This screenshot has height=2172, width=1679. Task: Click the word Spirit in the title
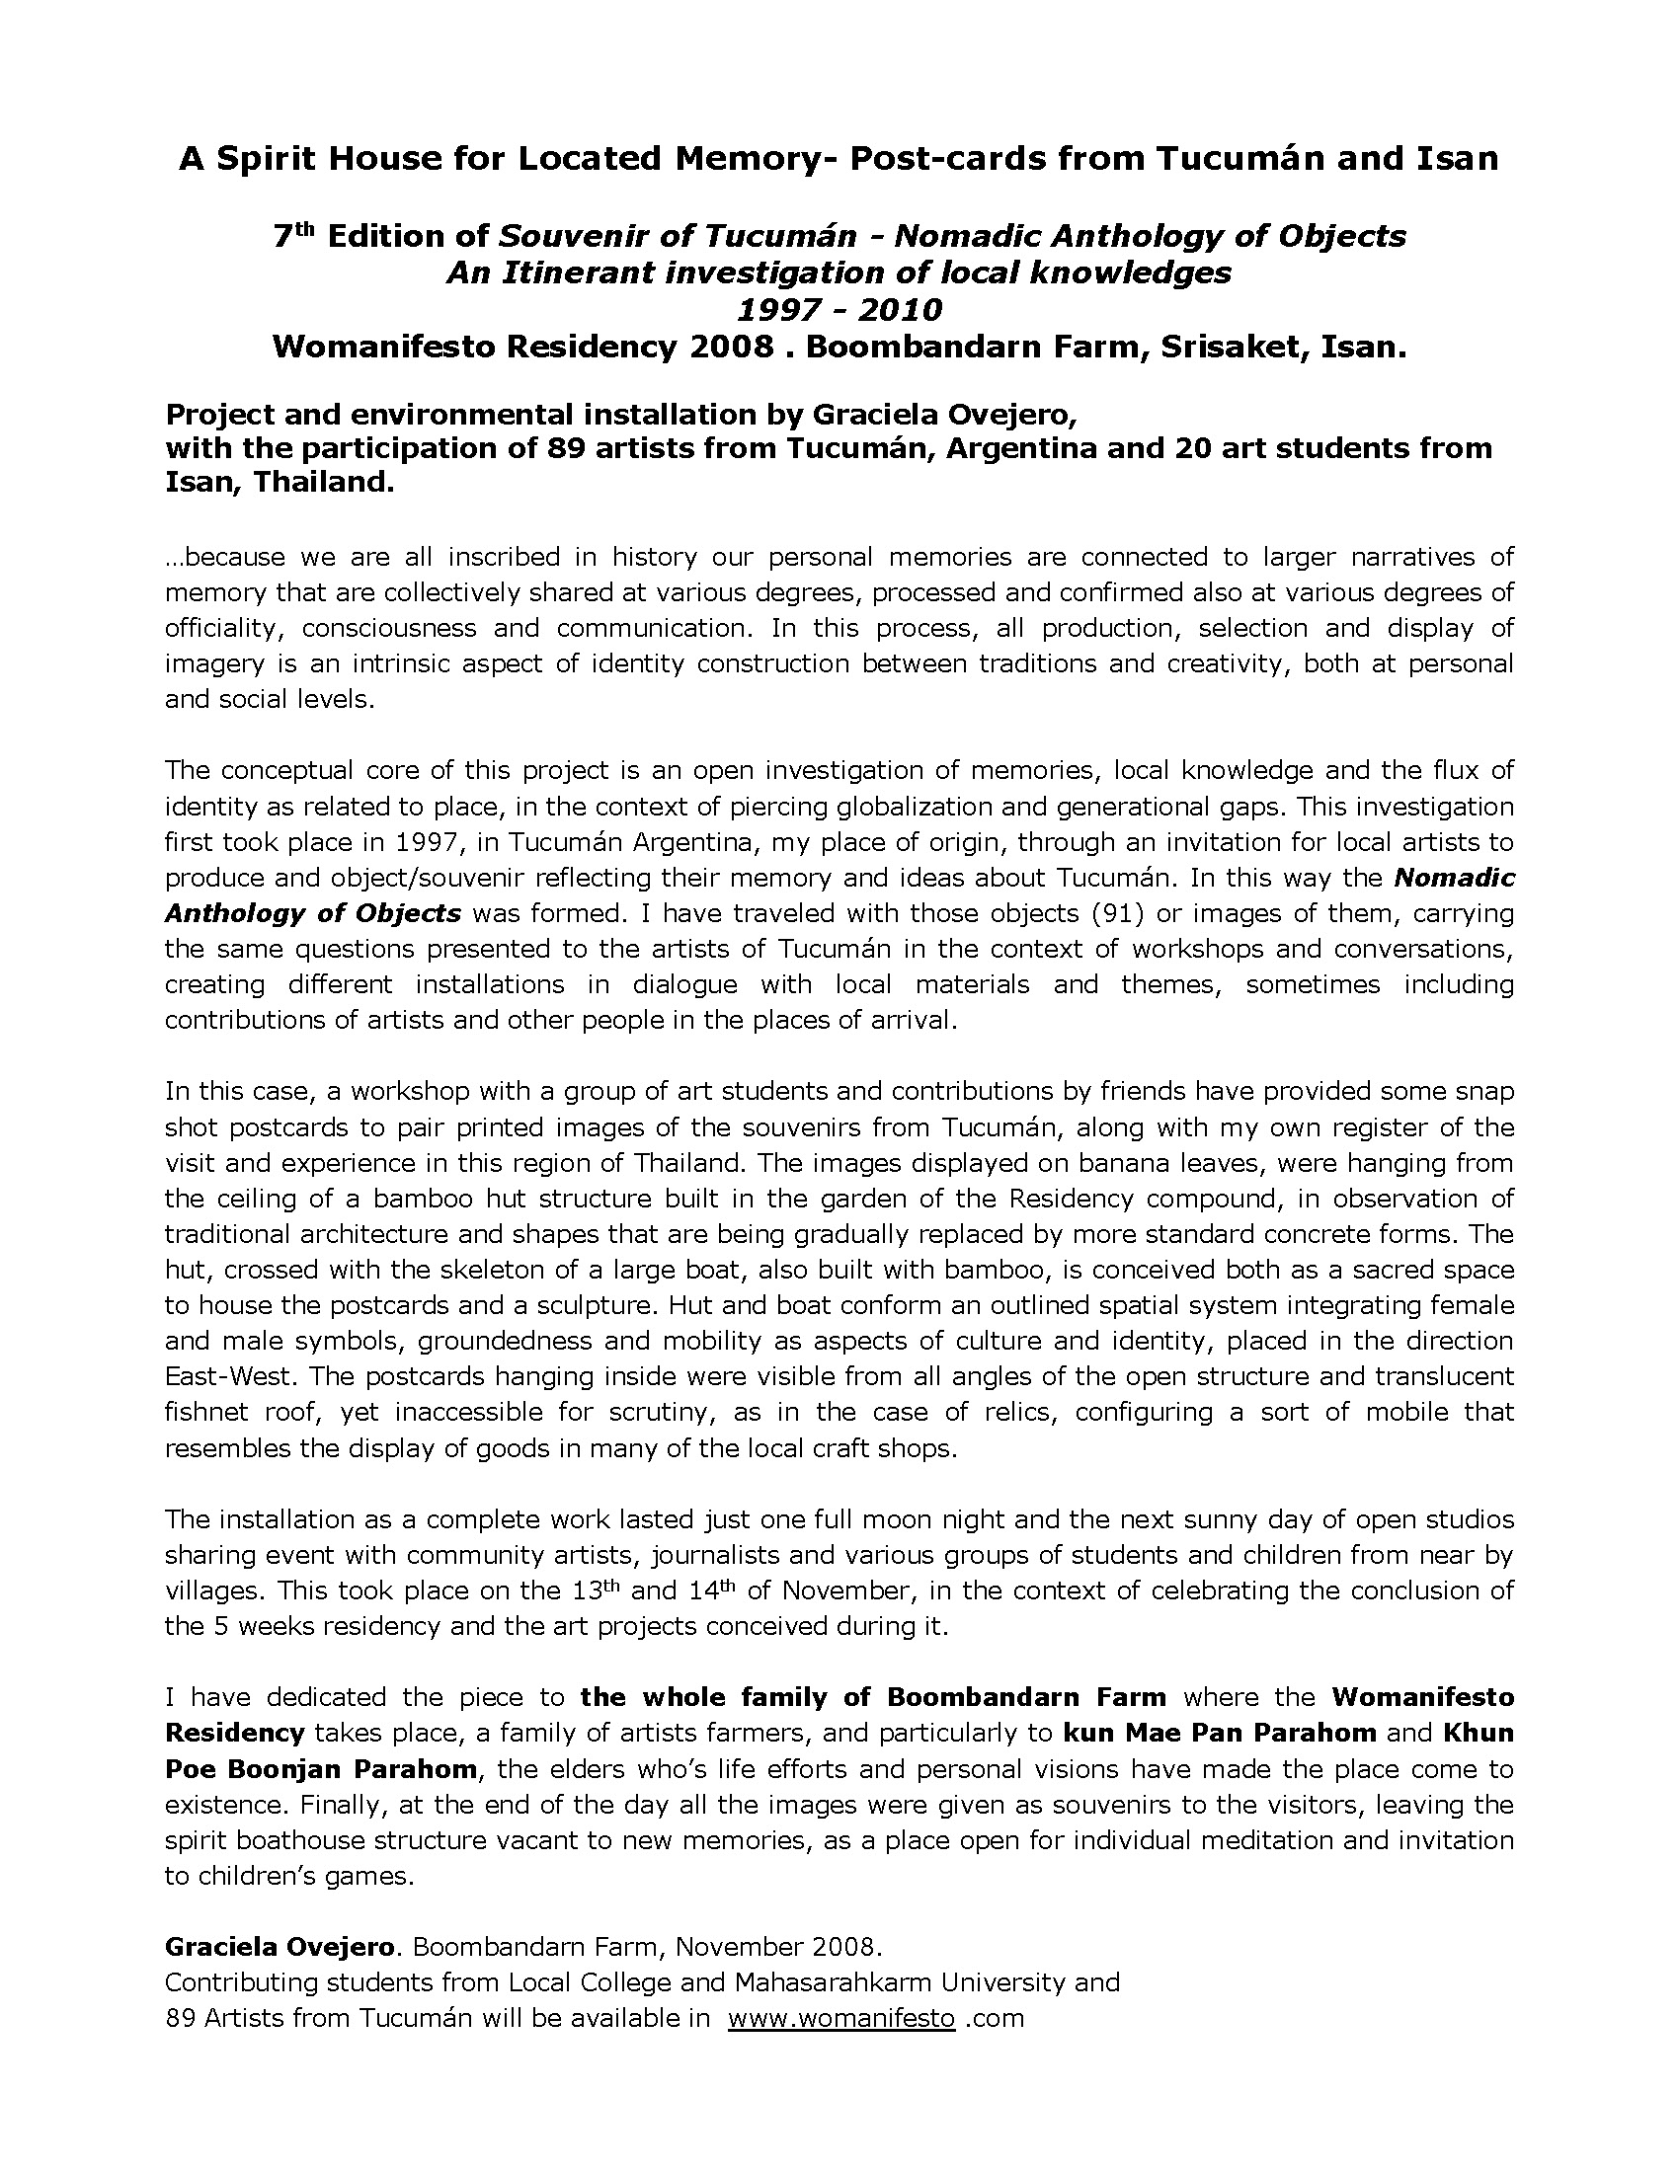pos(257,159)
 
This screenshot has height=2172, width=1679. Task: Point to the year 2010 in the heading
pos(895,309)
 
